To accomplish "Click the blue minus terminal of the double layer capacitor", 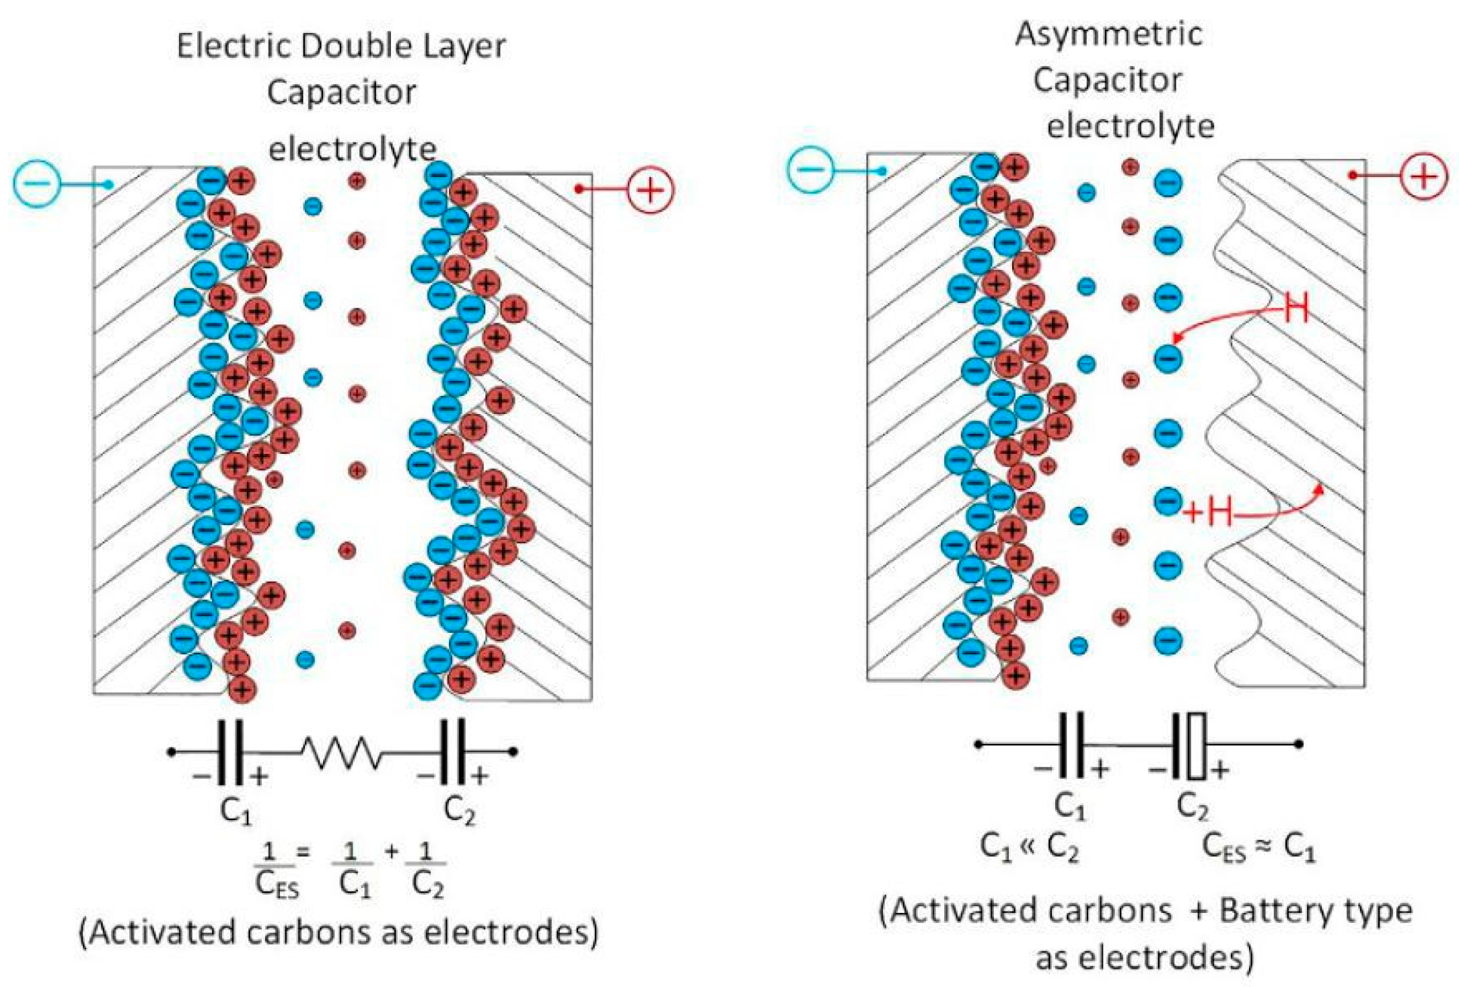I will [x=37, y=183].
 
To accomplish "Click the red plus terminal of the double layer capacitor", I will [x=650, y=189].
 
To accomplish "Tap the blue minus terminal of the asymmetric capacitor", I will [x=810, y=168].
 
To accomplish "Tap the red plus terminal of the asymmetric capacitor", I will [x=1423, y=176].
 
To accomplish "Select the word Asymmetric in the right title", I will [x=1108, y=34].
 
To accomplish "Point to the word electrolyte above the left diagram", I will [x=353, y=149].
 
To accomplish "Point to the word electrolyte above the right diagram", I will [x=1130, y=127].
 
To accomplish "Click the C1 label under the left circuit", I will [x=236, y=811].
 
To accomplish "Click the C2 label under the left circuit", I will [x=460, y=811].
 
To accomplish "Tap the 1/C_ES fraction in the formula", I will [x=277, y=873].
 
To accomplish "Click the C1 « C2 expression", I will [x=1030, y=848].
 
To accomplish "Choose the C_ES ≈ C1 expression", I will [x=1258, y=848].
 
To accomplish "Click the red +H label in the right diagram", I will [x=1209, y=512].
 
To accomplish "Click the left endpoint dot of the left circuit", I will [x=172, y=751].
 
